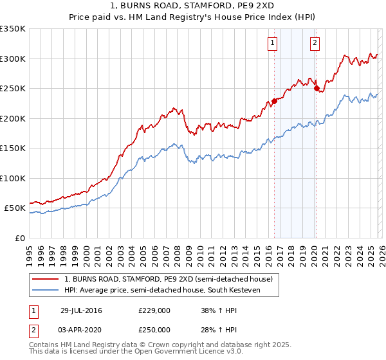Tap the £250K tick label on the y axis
12,89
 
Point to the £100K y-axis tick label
12,179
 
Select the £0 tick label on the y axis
19,239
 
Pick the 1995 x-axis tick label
30,252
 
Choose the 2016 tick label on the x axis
268,252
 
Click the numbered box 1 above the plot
273,43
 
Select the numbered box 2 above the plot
315,43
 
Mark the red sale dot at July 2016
274,100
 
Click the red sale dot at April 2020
316,89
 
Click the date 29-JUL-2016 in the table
81,310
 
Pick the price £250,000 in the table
154,329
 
